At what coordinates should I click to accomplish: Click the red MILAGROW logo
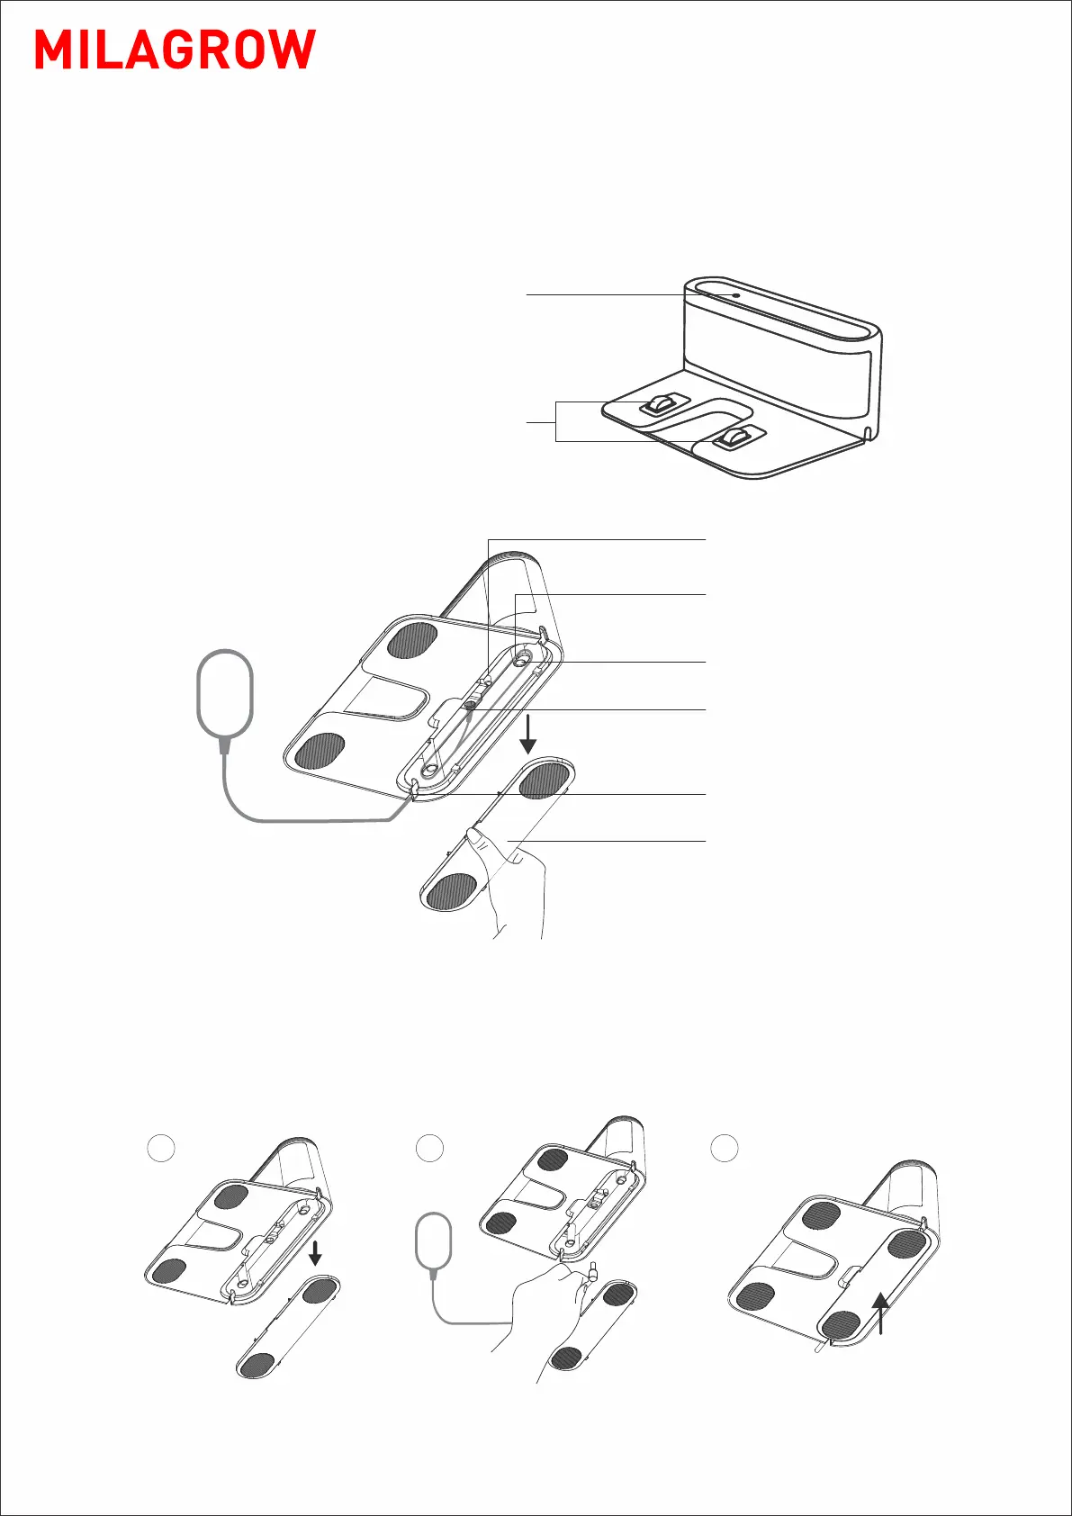pyautogui.click(x=176, y=50)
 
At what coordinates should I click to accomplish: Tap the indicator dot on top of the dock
pyautogui.click(x=736, y=294)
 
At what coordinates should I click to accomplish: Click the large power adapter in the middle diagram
pyautogui.click(x=224, y=693)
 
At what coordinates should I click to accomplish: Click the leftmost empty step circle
pyautogui.click(x=159, y=1148)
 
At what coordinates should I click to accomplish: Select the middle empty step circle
pyautogui.click(x=430, y=1148)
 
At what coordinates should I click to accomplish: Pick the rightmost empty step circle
pyautogui.click(x=725, y=1148)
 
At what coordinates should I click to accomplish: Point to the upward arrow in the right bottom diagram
pyautogui.click(x=881, y=1313)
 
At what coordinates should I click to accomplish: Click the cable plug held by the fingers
pyautogui.click(x=593, y=1272)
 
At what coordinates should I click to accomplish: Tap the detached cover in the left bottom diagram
pyautogui.click(x=288, y=1328)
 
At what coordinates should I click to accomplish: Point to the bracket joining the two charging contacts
pyautogui.click(x=556, y=420)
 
